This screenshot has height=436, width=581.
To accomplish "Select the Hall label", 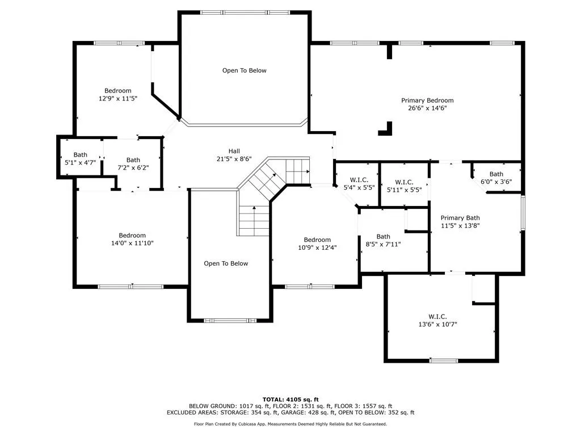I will tap(234, 151).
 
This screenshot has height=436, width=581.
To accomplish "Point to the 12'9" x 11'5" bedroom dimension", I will tap(118, 98).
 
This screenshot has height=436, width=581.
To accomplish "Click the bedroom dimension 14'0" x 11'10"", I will tap(132, 243).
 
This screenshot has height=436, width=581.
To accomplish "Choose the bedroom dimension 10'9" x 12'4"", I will tap(317, 247).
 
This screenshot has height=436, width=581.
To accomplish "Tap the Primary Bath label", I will tap(460, 217).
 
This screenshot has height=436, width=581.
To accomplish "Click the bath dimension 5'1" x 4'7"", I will tap(80, 163).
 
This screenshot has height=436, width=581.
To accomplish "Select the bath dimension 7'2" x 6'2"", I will tap(133, 168).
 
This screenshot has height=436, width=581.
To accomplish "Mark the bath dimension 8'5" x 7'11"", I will tap(383, 245).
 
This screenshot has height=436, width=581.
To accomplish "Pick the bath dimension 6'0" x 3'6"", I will tap(496, 182).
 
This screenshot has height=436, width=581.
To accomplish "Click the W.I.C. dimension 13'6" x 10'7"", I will tap(437, 324).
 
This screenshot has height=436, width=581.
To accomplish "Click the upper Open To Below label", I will tap(244, 70).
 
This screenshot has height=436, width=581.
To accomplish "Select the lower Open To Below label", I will tap(226, 263).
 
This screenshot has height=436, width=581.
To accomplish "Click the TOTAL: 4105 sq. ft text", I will tap(290, 399).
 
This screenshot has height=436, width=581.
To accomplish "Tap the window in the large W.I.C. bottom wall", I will tap(443, 360).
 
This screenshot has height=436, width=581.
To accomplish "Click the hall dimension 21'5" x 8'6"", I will tap(234, 159).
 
